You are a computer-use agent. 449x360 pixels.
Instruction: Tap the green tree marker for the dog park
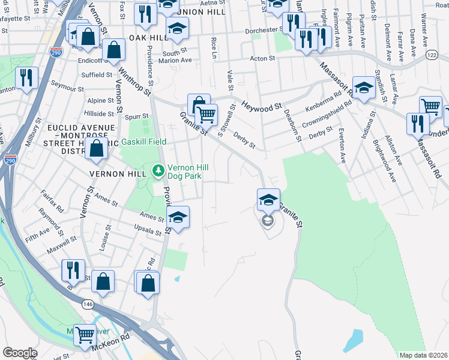pyautogui.click(x=158, y=172)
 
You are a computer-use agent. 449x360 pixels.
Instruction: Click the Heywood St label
pyautogui.click(x=261, y=106)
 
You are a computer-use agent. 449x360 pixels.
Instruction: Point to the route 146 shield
pyautogui.click(x=88, y=305)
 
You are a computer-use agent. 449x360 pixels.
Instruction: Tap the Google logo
pyautogui.click(x=19, y=353)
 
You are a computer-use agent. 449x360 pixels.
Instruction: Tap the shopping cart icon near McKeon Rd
pyautogui.click(x=85, y=334)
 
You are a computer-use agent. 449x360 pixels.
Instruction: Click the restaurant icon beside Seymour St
pyautogui.click(x=26, y=77)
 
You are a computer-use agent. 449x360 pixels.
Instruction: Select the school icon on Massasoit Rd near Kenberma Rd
pyautogui.click(x=364, y=88)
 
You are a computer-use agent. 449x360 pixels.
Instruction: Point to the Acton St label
pyautogui.click(x=262, y=58)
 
